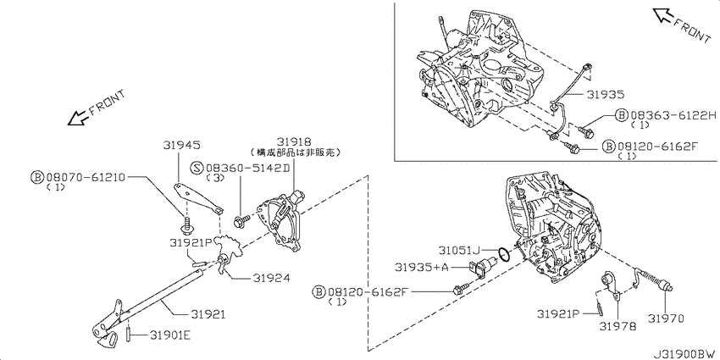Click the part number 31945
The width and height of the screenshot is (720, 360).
181,145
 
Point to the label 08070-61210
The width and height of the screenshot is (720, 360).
85,177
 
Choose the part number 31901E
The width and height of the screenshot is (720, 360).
170,335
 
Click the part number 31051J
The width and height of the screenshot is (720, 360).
459,250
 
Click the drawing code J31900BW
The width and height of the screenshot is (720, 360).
683,351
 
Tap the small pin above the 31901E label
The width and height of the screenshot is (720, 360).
129,330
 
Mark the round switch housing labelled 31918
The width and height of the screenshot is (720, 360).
282,222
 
